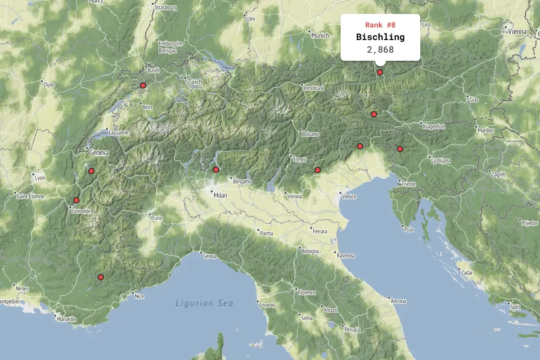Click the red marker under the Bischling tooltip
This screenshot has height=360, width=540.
tap(380, 72)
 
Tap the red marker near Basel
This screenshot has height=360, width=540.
tap(143, 85)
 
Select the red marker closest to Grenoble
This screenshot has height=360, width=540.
tap(76, 200)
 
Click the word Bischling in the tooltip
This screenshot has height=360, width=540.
tap(380, 37)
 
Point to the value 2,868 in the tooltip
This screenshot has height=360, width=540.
tap(380, 49)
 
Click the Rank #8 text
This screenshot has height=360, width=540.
tap(380, 25)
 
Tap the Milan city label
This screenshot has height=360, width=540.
tap(220, 196)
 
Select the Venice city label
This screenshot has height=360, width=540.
tap(349, 197)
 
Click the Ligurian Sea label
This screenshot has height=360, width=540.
tap(204, 303)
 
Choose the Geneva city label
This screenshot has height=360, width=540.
tap(99, 153)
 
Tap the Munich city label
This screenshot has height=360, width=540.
tap(320, 36)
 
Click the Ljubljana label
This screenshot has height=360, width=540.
tap(441, 160)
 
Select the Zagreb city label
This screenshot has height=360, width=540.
tap(498, 175)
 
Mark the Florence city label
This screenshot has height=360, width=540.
tap(306, 292)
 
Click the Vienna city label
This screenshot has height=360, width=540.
tap(517, 31)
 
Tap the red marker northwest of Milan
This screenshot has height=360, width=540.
tap(216, 170)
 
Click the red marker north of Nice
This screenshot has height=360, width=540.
tap(101, 277)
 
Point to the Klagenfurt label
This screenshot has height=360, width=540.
tap(434, 127)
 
